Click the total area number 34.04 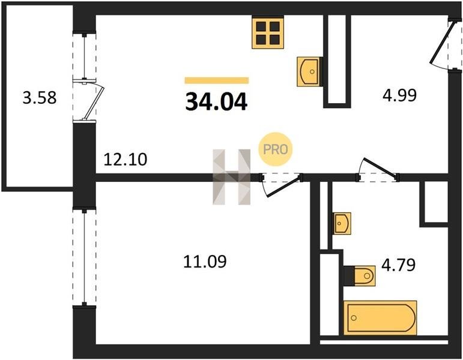tap(216, 101)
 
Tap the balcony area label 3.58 tap(40, 98)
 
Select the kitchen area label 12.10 tap(125, 160)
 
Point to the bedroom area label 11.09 tap(205, 262)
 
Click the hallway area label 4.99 tap(399, 95)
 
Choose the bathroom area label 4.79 tap(399, 265)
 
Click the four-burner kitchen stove tap(268, 32)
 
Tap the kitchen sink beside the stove tap(309, 71)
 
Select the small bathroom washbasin tap(342, 223)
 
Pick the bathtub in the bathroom tap(380, 318)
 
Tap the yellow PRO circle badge tap(275, 149)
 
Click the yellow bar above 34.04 tap(217, 80)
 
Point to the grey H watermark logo tap(232, 177)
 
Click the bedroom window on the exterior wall tap(85, 257)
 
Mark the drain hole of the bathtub tap(354, 318)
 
